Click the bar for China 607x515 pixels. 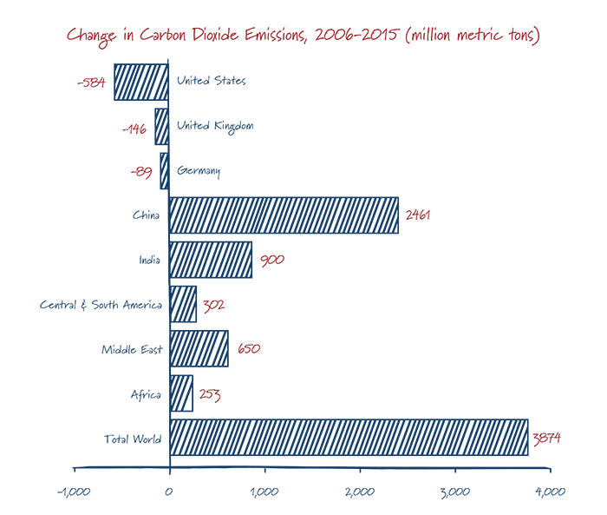(284, 215)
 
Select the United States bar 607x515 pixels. (141, 82)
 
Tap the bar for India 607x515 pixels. (211, 260)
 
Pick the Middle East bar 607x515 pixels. (199, 349)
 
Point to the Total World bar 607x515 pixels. (348, 438)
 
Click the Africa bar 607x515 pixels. (180, 393)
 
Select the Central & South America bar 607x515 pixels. (183, 304)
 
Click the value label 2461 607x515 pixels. (418, 215)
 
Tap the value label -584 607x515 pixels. (91, 83)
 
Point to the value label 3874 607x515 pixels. (546, 438)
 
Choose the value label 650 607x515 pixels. (248, 349)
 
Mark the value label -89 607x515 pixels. (140, 172)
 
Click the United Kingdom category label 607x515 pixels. (215, 126)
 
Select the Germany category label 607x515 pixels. (199, 171)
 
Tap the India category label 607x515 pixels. (149, 260)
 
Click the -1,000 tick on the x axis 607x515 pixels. (74, 492)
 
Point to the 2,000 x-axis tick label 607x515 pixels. (359, 492)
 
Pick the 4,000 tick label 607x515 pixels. (550, 492)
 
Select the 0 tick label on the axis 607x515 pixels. (169, 492)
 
